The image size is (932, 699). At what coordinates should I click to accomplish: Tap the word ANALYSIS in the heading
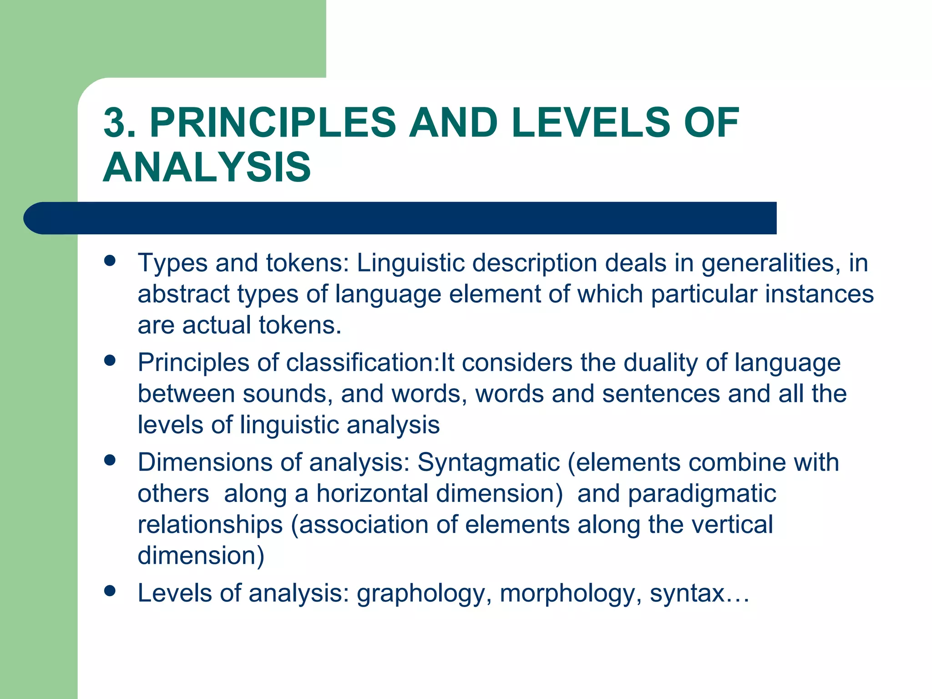207,167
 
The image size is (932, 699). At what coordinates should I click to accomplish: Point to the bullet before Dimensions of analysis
110,460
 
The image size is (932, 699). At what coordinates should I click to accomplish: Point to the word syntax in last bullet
687,594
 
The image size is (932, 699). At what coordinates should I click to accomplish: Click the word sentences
660,394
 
